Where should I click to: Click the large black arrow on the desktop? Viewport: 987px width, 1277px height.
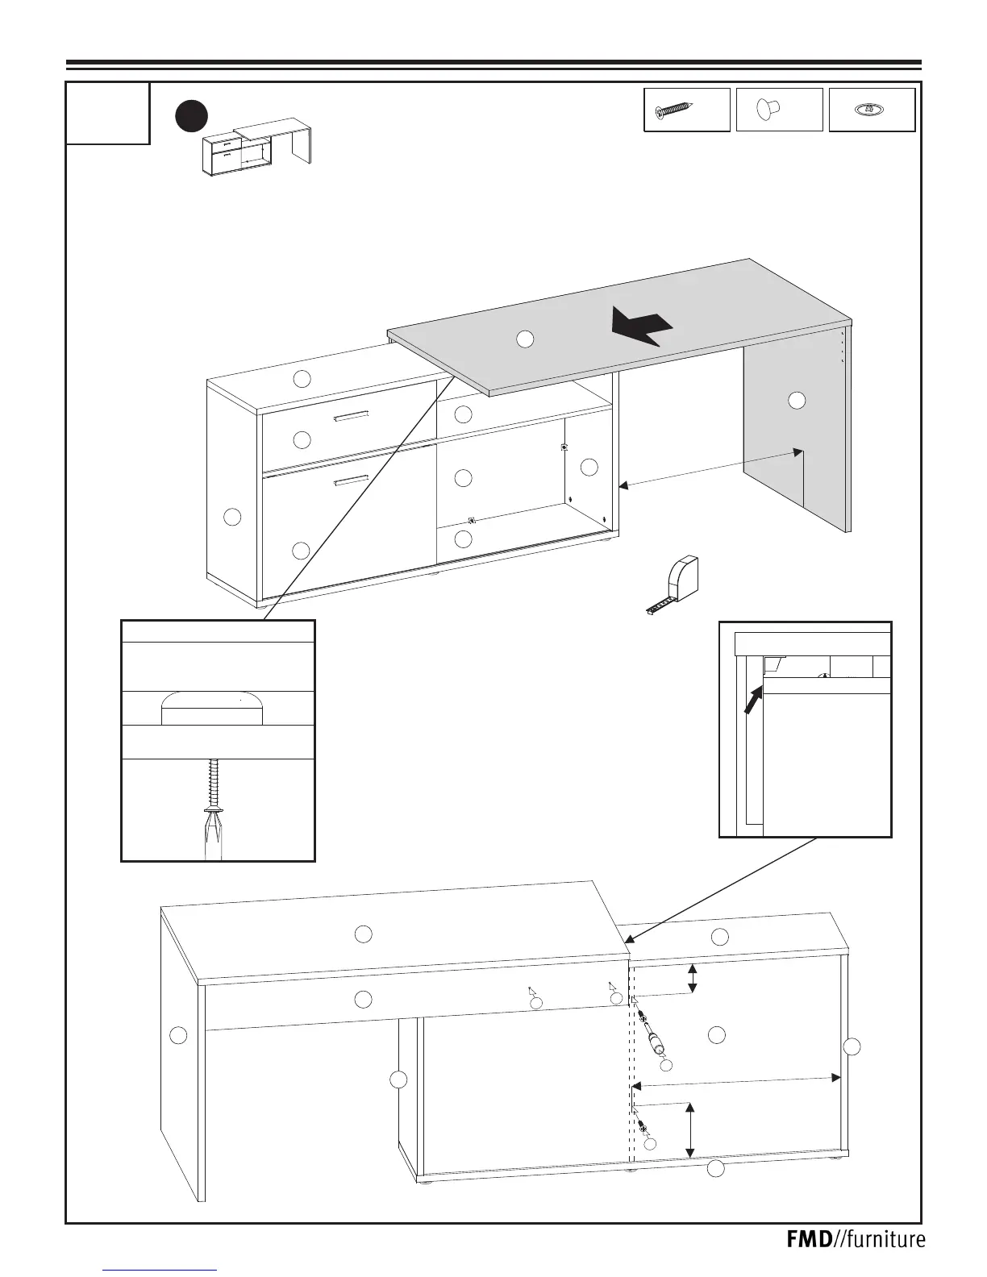pos(641,326)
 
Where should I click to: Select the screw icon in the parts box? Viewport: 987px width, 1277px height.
pos(675,110)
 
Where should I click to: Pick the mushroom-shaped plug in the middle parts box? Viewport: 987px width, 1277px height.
pos(768,110)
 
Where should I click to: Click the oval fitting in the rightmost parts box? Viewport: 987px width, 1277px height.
pos(871,110)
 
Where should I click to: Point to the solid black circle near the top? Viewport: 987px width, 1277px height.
pos(192,115)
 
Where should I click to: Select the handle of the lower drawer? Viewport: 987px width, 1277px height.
pos(351,481)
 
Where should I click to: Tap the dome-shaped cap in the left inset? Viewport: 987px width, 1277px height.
pos(213,708)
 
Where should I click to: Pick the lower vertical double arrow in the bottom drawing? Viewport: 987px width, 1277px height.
pos(689,1130)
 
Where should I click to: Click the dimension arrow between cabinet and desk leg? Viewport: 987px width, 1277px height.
pos(710,468)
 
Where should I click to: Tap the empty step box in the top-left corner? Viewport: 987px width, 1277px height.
pos(108,114)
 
